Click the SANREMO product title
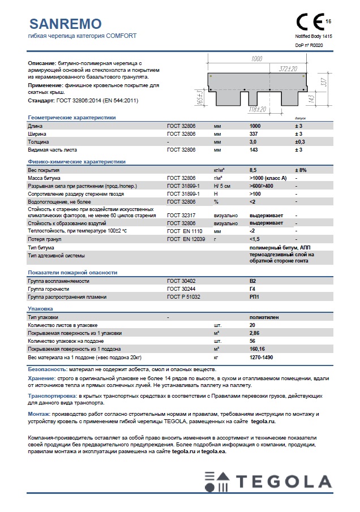(65, 23)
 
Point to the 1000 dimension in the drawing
(256, 59)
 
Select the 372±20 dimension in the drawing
(288, 68)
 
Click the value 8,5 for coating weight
(254, 170)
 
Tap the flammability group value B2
(252, 281)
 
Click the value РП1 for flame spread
(254, 296)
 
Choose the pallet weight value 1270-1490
(261, 358)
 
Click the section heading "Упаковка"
(41, 309)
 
